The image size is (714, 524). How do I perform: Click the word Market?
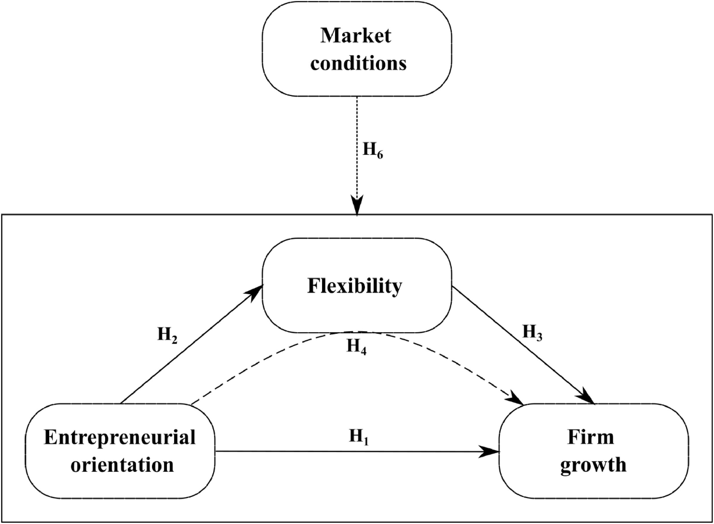click(356, 36)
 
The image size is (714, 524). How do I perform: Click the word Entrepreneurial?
click(120, 438)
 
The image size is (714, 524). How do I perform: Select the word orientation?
click(122, 465)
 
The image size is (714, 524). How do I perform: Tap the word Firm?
click(591, 438)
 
